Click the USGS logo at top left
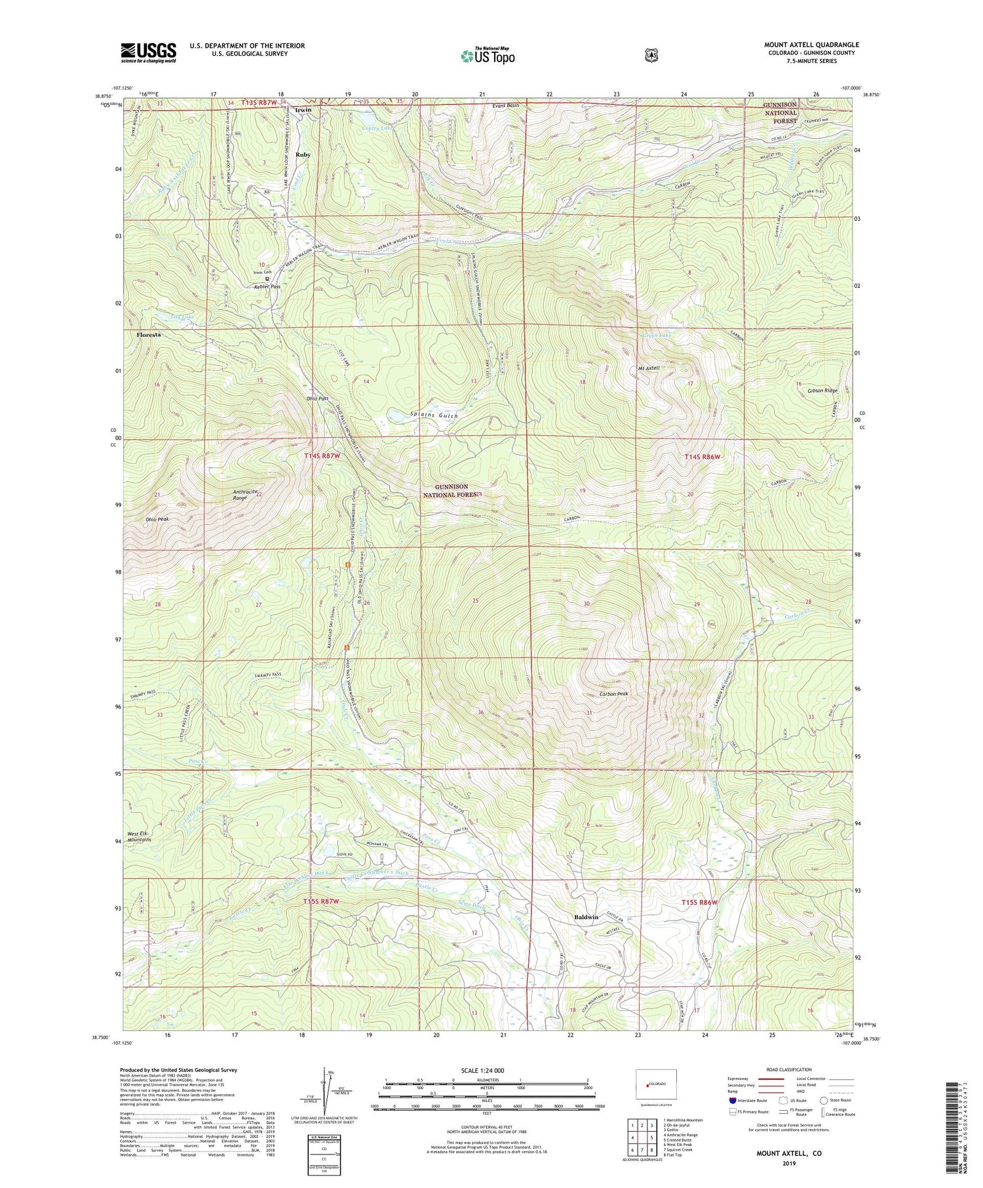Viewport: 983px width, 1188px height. point(148,52)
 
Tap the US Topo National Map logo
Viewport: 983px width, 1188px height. point(488,56)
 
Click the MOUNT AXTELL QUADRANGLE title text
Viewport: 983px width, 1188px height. point(811,45)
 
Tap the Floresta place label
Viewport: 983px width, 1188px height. point(149,335)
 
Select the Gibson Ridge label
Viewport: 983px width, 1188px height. point(822,391)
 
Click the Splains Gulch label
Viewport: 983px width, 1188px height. point(434,416)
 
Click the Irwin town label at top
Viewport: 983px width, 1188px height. point(303,109)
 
